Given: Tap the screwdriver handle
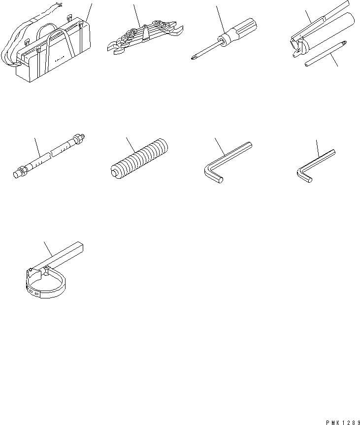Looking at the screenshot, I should [242, 31].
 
